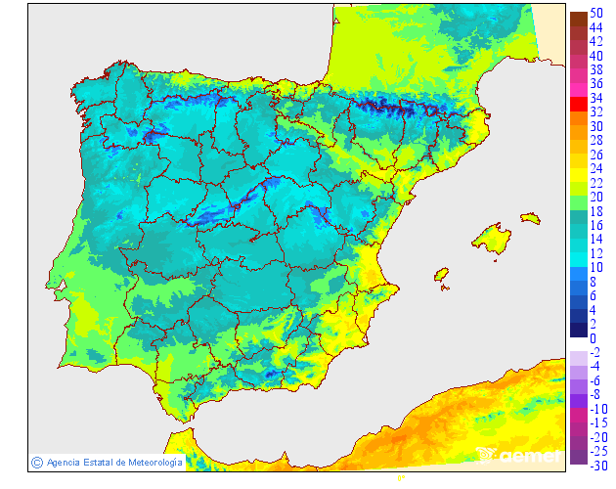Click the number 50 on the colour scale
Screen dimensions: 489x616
[x=595, y=13]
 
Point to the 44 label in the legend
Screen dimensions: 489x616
[x=595, y=27]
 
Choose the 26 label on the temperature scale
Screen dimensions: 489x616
[x=595, y=155]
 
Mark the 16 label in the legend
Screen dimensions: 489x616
[x=595, y=225]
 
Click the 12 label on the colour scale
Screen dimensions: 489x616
[x=595, y=253]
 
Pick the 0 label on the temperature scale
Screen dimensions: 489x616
[x=593, y=338]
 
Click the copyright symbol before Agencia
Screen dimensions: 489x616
[x=36, y=462]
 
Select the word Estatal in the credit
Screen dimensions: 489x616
[x=97, y=462]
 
